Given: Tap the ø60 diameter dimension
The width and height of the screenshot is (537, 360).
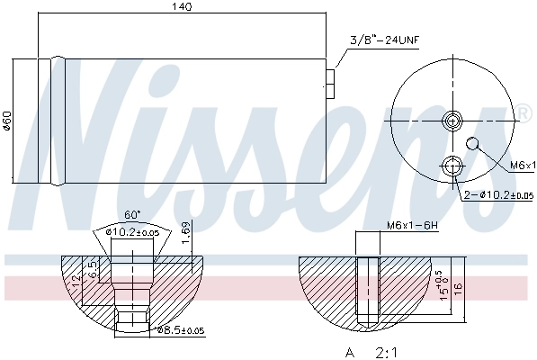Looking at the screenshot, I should click(7, 120).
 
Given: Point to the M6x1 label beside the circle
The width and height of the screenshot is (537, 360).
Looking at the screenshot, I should click(521, 166).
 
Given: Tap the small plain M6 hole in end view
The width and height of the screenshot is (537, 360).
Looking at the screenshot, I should click(474, 142).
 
